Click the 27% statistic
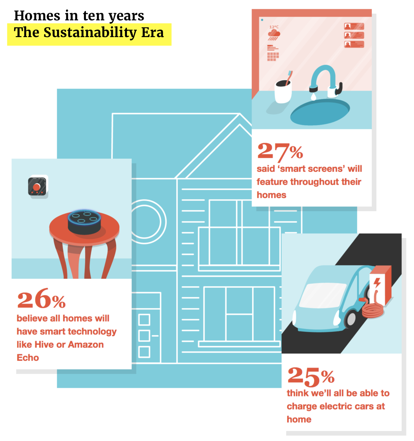pos(280,151)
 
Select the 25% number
pos(311,376)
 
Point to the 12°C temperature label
pos(274,27)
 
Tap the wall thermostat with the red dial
pos(37,186)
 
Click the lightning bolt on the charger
pos(377,283)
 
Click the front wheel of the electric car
pos(350,318)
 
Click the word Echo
pos(28,358)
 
